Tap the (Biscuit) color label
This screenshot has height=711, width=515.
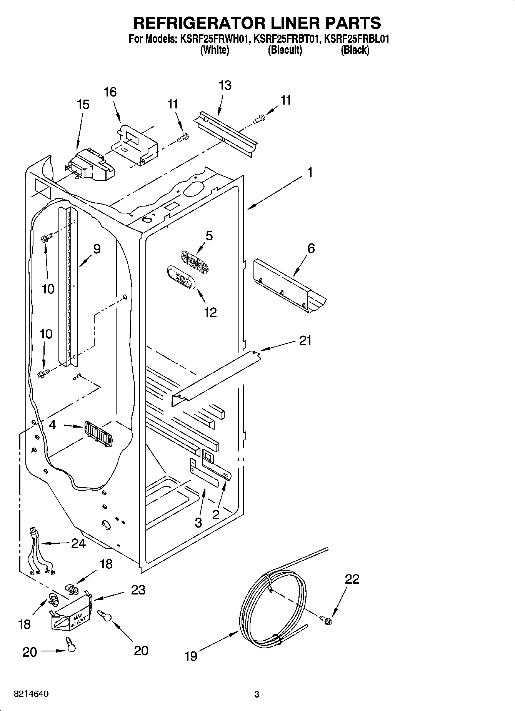point(285,50)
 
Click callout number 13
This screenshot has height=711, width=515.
point(225,85)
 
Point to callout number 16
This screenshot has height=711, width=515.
point(110,92)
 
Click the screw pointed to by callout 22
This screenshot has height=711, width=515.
point(326,619)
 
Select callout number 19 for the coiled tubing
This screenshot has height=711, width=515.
point(191,656)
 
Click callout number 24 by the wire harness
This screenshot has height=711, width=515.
point(78,543)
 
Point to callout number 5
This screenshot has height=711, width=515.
point(209,236)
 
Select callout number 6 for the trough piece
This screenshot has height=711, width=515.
point(311,248)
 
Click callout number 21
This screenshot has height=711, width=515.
point(305,340)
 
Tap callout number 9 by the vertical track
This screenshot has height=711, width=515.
point(97,249)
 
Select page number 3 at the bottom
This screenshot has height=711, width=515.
point(257,694)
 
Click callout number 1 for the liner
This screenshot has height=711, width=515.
point(310,172)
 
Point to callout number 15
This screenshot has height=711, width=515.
point(83,104)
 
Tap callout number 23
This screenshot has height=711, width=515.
point(138,589)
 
